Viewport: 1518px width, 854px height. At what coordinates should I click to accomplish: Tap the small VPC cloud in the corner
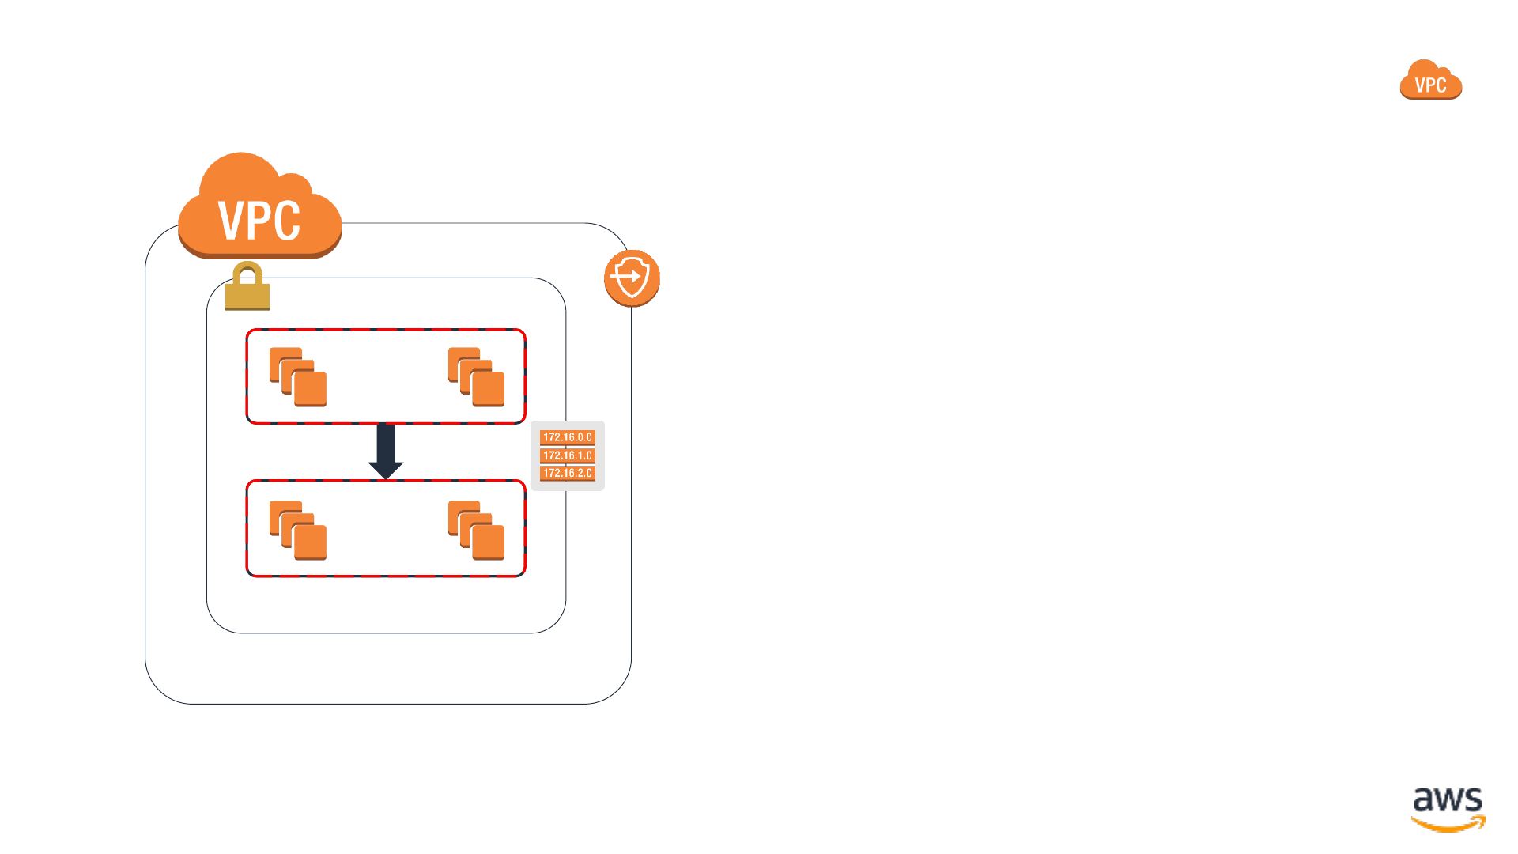pos(1430,79)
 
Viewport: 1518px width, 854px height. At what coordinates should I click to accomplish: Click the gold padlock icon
pos(247,286)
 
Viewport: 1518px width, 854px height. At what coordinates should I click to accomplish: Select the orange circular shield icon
pos(632,278)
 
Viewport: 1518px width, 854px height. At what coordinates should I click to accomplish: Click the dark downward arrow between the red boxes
pos(386,452)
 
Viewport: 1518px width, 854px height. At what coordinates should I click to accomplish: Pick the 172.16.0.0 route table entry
pos(568,437)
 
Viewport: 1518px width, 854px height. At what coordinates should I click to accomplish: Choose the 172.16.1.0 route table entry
pos(568,455)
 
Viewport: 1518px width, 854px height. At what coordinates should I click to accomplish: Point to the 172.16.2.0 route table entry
pos(568,473)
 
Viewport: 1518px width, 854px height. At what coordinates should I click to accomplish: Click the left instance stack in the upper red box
pos(298,377)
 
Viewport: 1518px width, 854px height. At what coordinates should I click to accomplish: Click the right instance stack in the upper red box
pos(477,377)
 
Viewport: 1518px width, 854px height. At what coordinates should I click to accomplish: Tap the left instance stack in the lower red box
pos(298,531)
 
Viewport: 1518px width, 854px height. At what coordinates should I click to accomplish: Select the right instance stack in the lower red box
pos(477,531)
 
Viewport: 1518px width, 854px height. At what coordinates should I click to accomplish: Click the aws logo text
pos(1448,800)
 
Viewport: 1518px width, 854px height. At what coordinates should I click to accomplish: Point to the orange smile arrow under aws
pos(1448,826)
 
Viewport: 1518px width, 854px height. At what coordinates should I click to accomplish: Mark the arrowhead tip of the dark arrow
pos(386,479)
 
